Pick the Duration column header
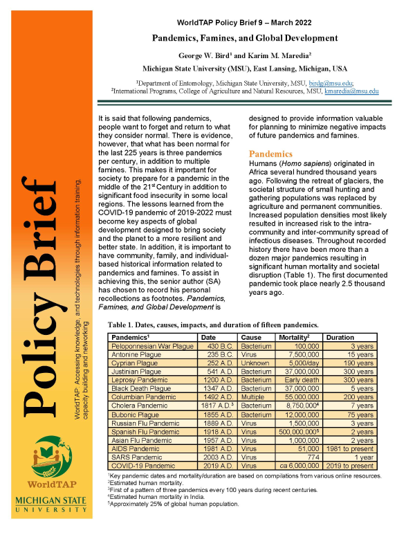(340, 336)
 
